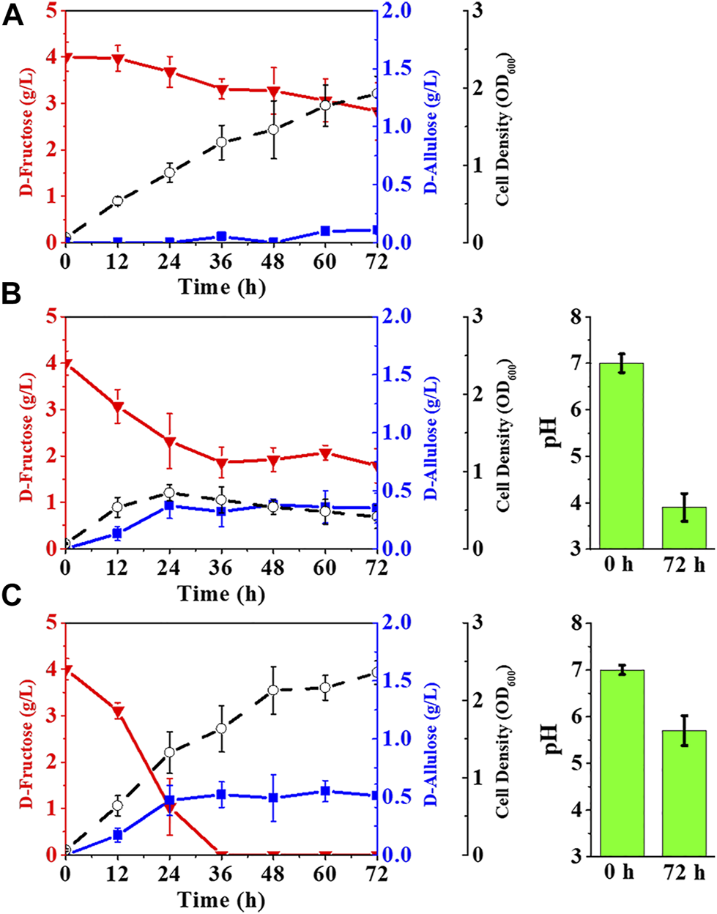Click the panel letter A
pos(13,16)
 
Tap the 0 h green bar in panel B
pos(622,456)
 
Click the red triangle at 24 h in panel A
pos(169,72)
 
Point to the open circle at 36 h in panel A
pos(221,142)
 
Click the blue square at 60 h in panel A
pos(325,231)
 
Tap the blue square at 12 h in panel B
pos(117,533)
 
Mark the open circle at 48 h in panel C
pos(273,690)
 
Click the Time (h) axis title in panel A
pos(221,286)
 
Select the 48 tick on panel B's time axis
pos(273,568)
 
